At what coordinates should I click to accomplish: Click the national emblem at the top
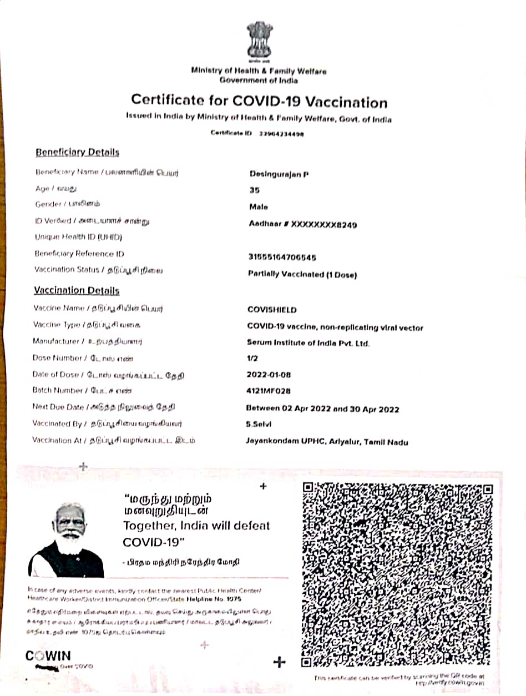click(260, 42)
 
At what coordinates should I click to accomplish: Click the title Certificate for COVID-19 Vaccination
click(259, 102)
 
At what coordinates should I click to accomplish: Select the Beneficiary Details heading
click(77, 152)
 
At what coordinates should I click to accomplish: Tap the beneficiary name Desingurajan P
click(279, 174)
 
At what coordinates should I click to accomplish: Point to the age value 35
click(254, 190)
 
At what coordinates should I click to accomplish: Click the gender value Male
click(259, 206)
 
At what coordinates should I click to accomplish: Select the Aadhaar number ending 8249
click(303, 224)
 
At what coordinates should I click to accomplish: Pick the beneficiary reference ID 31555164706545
click(282, 257)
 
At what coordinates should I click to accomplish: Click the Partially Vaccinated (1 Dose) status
click(302, 274)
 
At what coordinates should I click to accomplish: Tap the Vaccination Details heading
click(77, 290)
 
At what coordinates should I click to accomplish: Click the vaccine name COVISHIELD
click(272, 310)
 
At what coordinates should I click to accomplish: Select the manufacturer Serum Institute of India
click(308, 343)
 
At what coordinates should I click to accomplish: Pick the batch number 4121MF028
click(269, 391)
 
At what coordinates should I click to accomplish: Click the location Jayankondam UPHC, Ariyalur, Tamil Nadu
click(327, 442)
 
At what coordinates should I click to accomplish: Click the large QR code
click(397, 574)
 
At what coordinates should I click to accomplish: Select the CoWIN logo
click(48, 656)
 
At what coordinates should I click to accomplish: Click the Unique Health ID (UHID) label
click(78, 237)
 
